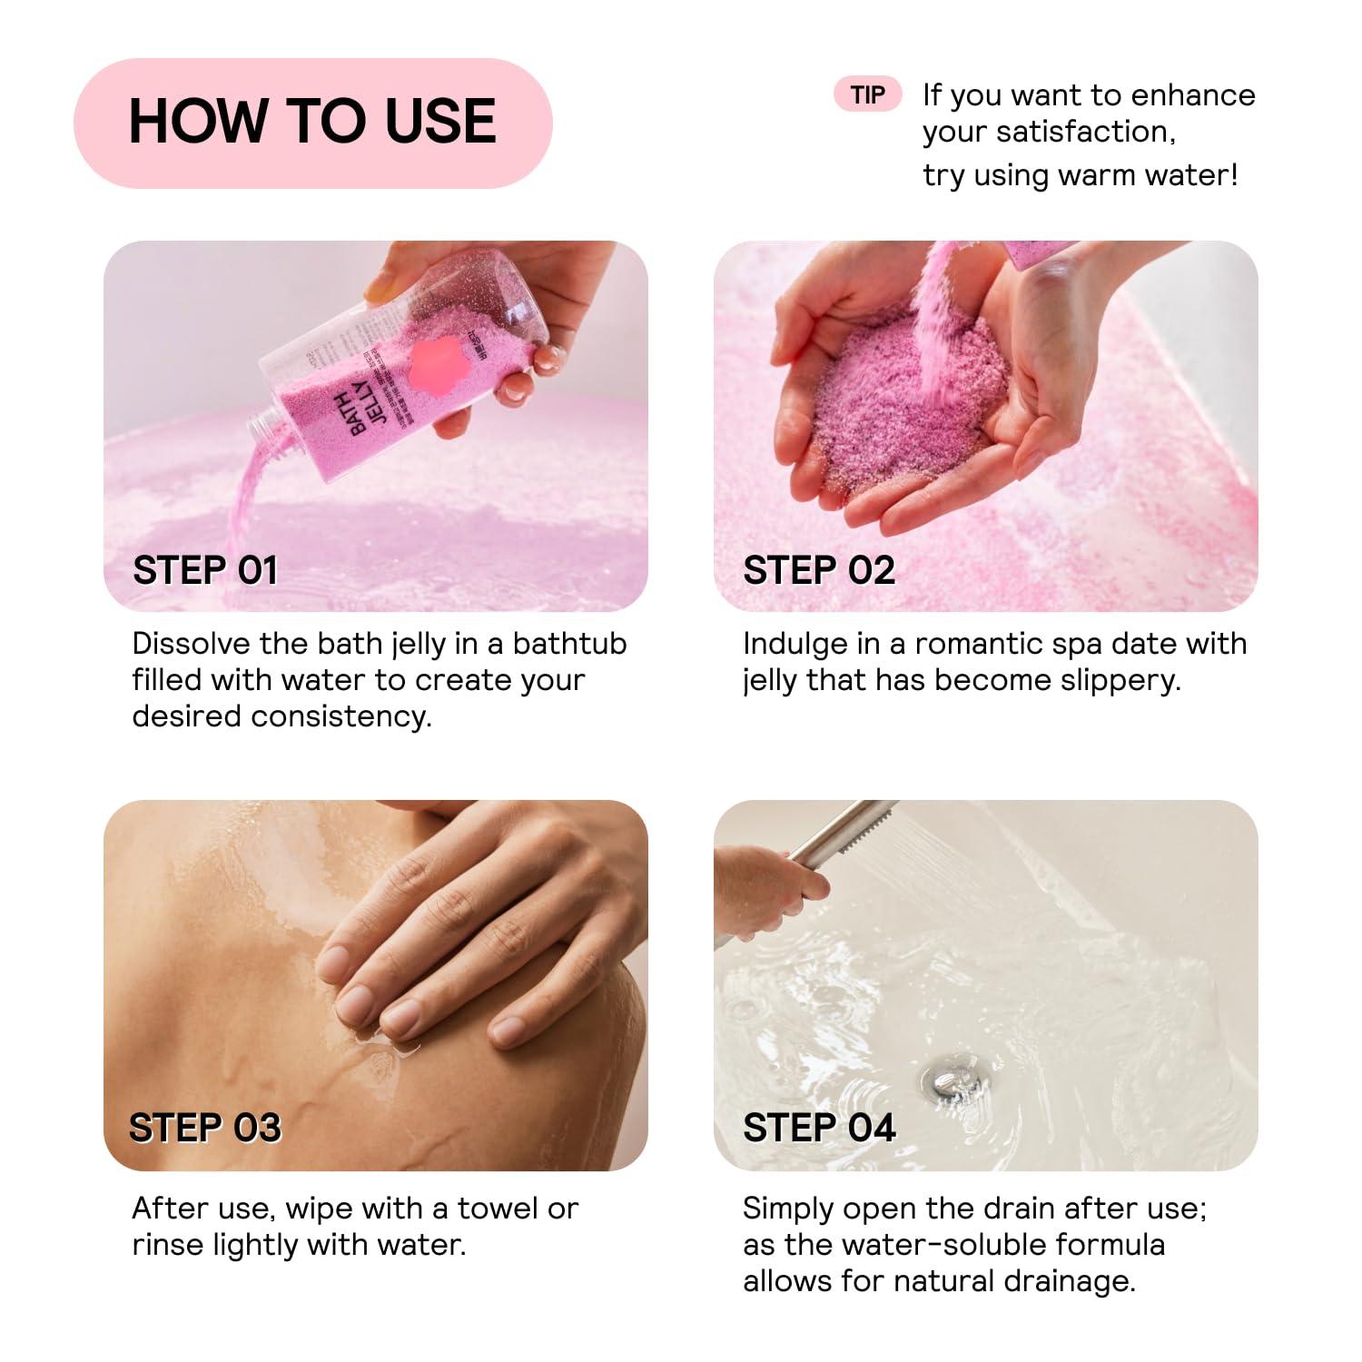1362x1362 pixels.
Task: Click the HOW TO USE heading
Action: tap(312, 122)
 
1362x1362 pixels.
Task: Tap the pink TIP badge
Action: tap(867, 94)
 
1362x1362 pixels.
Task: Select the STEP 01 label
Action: tap(205, 570)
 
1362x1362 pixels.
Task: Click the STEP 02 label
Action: tap(819, 570)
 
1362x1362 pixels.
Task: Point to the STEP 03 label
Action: tap(205, 1128)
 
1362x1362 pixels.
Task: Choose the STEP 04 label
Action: tap(819, 1128)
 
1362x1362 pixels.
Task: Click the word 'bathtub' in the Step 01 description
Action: tap(569, 644)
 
